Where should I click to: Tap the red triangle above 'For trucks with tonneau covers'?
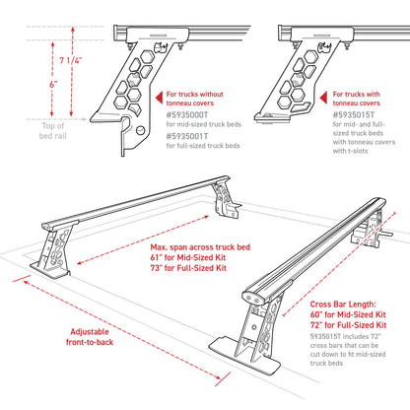click(351, 82)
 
